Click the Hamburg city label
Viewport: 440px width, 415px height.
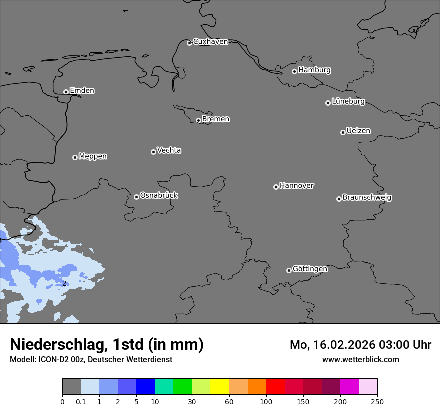point(314,70)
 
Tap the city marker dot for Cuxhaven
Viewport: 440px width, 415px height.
point(189,43)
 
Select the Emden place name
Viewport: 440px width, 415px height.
point(82,91)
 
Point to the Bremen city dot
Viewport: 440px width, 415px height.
point(198,120)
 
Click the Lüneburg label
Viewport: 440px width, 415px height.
point(348,102)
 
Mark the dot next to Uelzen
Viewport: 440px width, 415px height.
point(343,132)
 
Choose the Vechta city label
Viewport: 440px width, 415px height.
point(169,150)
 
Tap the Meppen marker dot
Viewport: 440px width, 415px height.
point(75,157)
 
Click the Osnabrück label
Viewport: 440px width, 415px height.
point(159,195)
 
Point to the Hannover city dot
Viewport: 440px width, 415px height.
point(276,187)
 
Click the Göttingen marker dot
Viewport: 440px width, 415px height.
point(289,270)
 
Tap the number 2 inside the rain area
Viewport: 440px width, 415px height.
point(64,283)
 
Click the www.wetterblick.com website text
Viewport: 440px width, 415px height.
point(360,359)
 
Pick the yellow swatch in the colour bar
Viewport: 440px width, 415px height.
point(219,387)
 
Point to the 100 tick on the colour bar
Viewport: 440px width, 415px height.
point(266,401)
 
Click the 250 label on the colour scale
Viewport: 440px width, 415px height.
point(377,401)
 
